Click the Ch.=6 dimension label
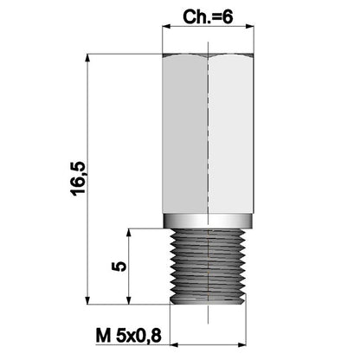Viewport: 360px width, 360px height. [208, 16]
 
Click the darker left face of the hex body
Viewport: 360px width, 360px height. [185, 138]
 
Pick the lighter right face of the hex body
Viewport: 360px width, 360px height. [232, 138]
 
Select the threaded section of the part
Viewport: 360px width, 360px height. [209, 265]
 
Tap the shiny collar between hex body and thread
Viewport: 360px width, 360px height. [209, 221]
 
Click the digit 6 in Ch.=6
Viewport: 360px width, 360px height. [228, 16]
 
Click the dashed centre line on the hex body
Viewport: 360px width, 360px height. [209, 138]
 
